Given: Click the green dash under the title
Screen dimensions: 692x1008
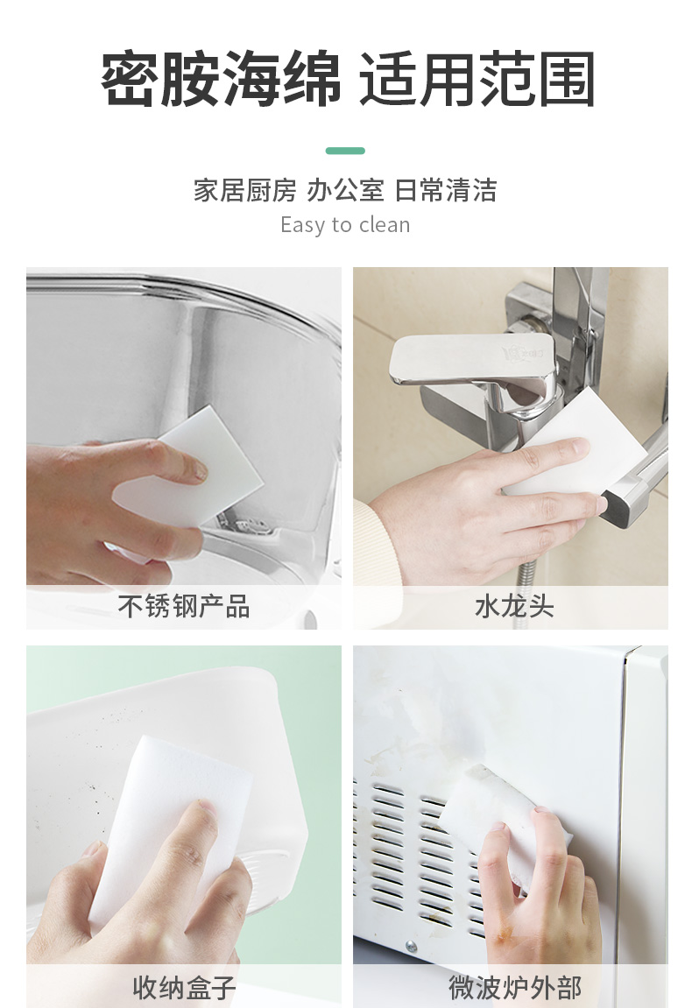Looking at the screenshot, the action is point(345,151).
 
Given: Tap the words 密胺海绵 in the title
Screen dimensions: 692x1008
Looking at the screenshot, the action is point(221,79).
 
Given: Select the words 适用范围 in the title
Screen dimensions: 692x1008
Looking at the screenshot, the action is point(477,79).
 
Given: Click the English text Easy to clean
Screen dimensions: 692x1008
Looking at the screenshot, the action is point(345,225).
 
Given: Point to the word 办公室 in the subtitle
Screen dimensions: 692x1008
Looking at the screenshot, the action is point(345,190).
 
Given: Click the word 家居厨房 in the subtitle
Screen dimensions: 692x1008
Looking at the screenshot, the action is point(245,190).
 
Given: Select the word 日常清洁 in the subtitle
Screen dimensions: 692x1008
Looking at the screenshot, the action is point(446,190).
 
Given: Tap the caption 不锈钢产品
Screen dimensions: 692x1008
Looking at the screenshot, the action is point(184,606).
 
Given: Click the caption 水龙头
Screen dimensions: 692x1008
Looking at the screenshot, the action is point(514,606).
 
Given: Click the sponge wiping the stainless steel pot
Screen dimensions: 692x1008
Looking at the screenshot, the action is point(193,476).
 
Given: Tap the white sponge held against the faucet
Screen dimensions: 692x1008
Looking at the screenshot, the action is point(572,443).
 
